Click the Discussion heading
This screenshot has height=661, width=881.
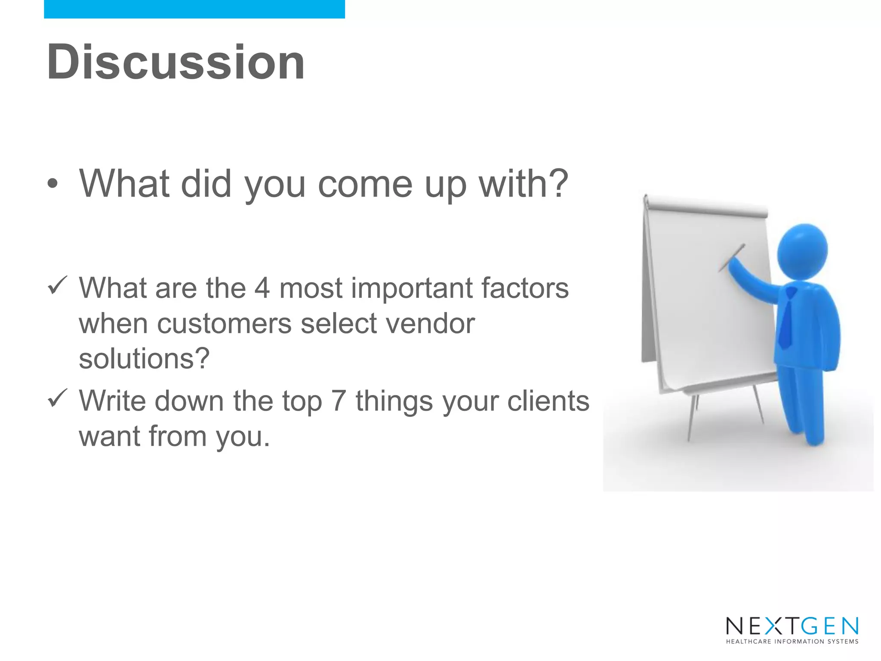coord(176,62)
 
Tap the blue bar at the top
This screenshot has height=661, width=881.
coord(194,9)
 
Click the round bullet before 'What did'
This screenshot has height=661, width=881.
coord(52,184)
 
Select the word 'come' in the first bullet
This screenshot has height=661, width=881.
coord(365,184)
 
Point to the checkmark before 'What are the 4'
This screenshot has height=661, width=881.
coord(57,286)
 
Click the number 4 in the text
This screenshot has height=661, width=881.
coord(262,288)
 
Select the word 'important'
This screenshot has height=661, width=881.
coord(412,289)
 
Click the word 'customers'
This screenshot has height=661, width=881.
coord(225,324)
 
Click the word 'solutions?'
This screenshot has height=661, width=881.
coord(144,358)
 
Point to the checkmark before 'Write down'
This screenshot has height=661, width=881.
coord(57,398)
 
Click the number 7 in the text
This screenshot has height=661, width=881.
coord(339,401)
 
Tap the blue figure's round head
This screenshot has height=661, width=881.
coord(803,252)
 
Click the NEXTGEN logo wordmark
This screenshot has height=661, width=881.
coord(792,626)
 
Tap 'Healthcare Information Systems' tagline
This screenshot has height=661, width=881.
coord(792,642)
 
